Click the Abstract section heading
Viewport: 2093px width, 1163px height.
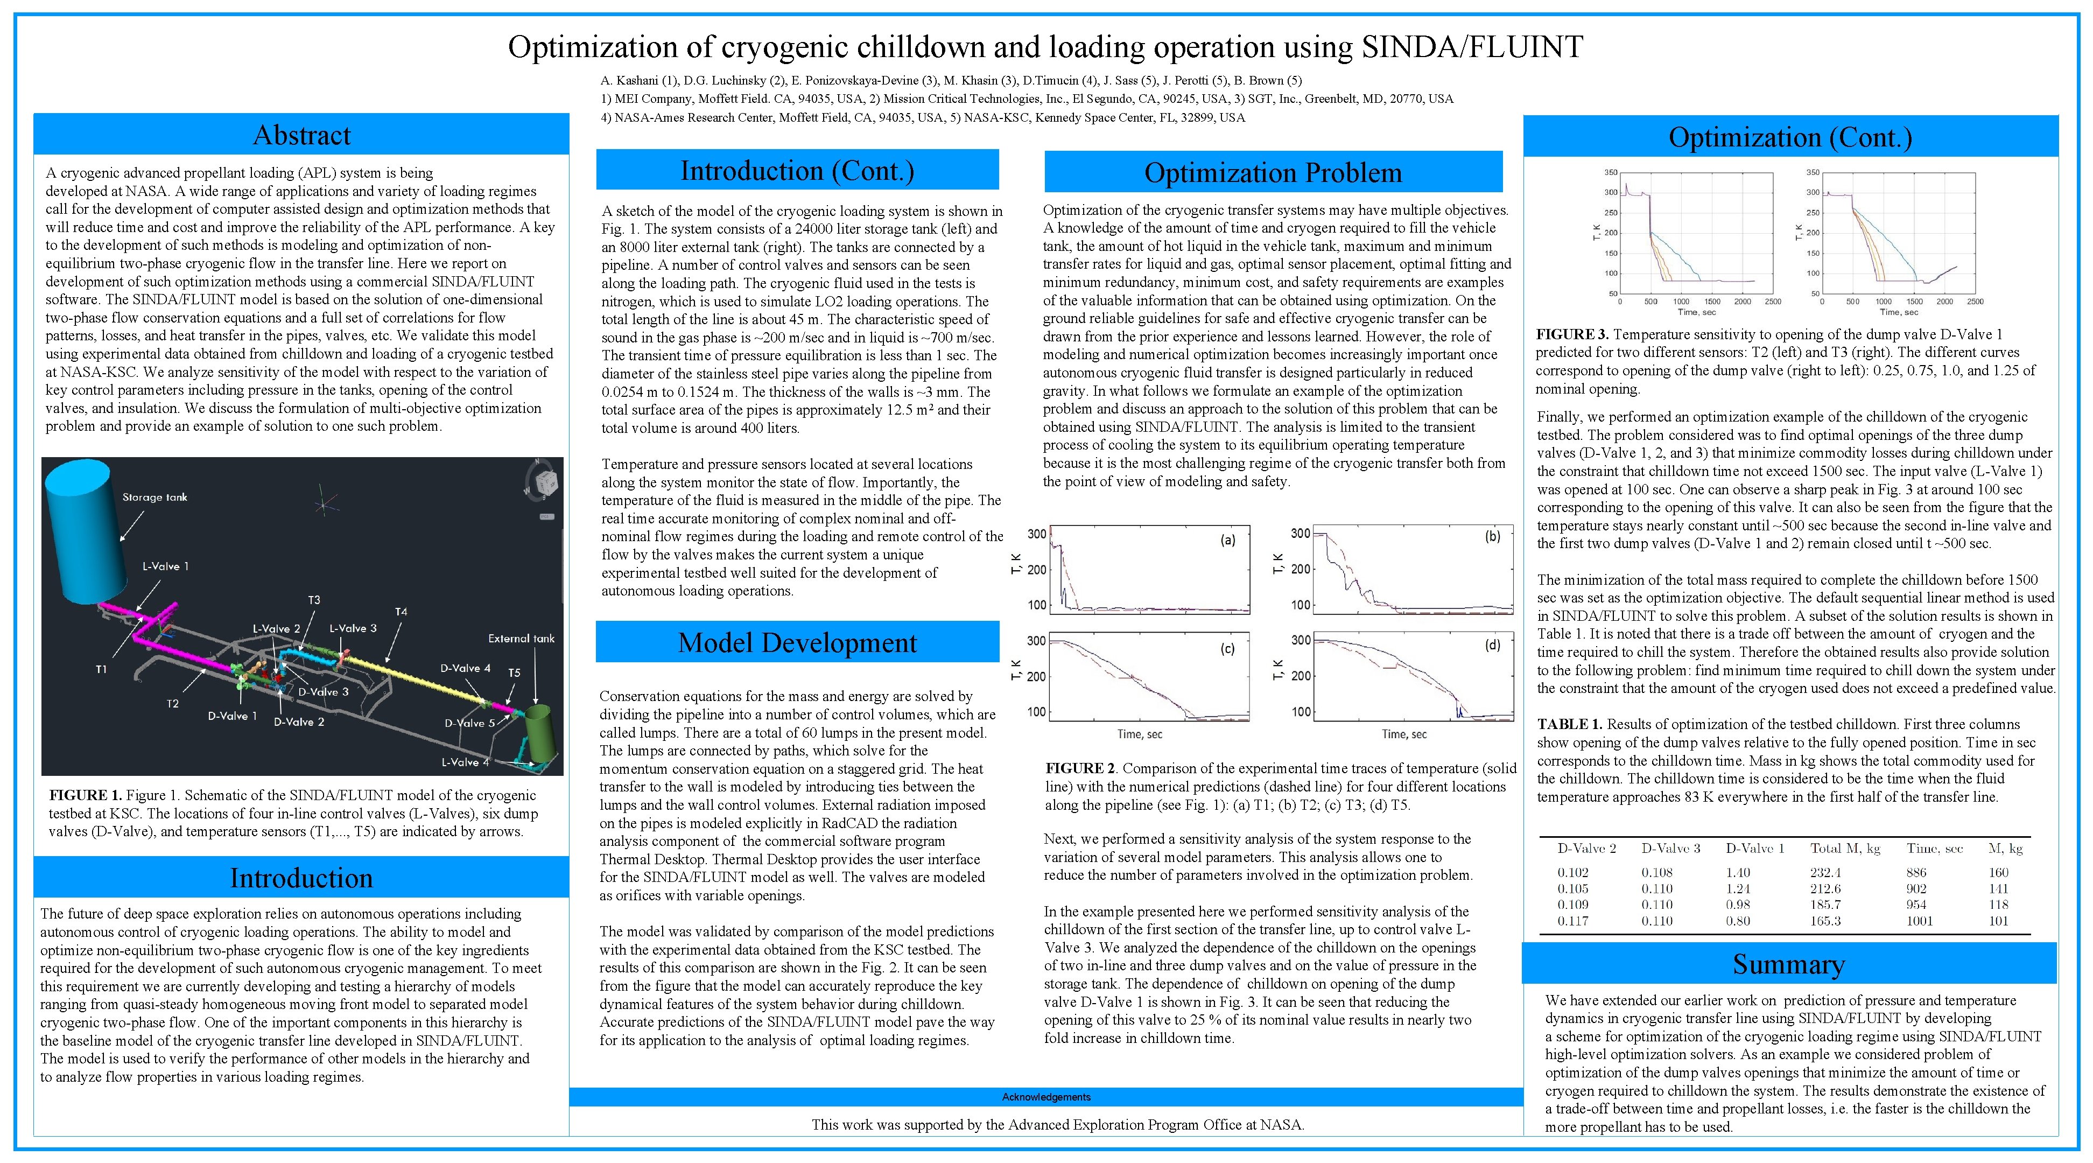pyautogui.click(x=301, y=135)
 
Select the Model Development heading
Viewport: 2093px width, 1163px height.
pyautogui.click(x=797, y=643)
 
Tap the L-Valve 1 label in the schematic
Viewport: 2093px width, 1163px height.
pyautogui.click(x=165, y=566)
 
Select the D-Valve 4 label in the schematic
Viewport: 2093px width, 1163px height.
pyautogui.click(x=466, y=668)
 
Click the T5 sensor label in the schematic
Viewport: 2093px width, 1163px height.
pyautogui.click(x=514, y=673)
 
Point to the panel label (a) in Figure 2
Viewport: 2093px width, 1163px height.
pyautogui.click(x=1228, y=540)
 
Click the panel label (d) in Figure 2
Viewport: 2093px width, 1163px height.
pyautogui.click(x=1493, y=645)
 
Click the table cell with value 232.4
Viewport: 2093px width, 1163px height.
pyautogui.click(x=1825, y=873)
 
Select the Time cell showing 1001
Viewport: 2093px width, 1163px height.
pyautogui.click(x=1920, y=921)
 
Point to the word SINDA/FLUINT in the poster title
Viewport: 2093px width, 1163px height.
pyautogui.click(x=1472, y=47)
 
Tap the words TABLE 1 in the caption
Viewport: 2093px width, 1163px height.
pyautogui.click(x=1569, y=724)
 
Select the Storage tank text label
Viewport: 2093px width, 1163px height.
pyautogui.click(x=154, y=498)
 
